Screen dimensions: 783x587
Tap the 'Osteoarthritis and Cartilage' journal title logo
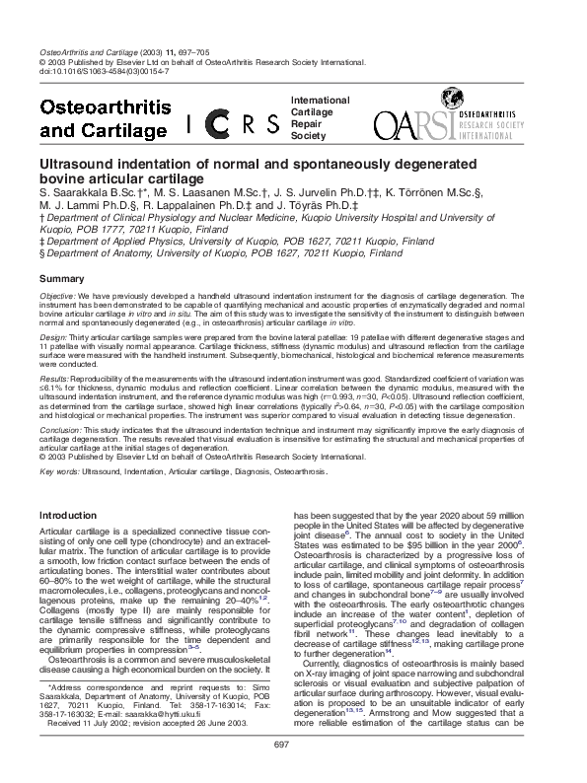pos(103,118)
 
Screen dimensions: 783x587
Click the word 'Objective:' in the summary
pos(56,296)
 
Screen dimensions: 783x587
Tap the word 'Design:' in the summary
pos(52,336)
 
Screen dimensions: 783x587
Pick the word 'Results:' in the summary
pos(54,378)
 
